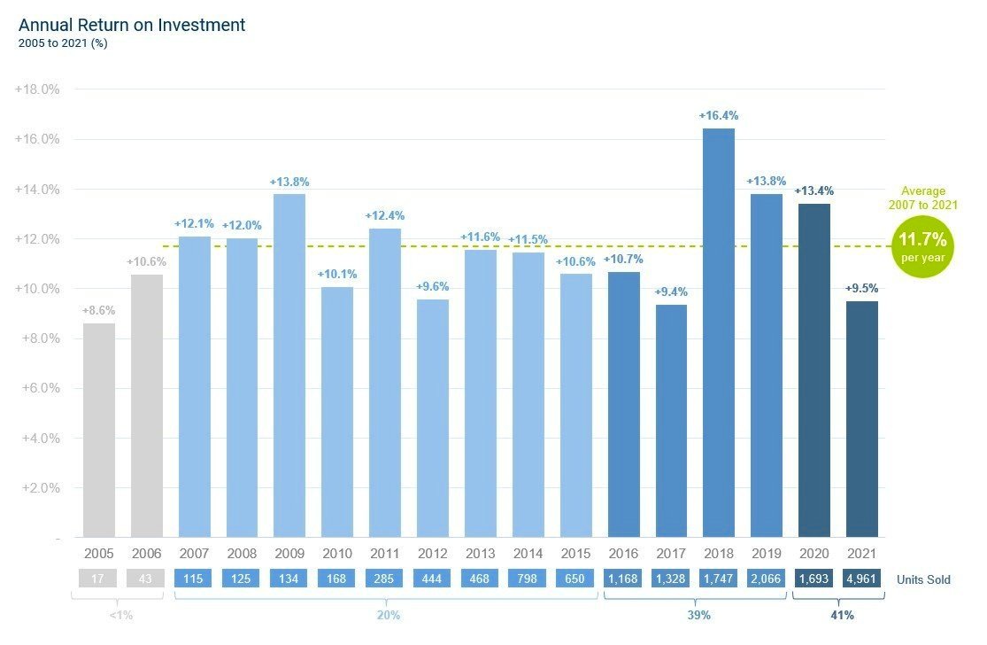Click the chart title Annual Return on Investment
point(132,25)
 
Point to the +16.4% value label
point(718,115)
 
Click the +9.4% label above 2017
point(670,291)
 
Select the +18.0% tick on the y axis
point(37,89)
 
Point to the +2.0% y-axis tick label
point(37,488)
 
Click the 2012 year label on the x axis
point(433,554)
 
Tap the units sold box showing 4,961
point(861,579)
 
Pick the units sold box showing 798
point(528,579)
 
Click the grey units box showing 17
point(99,579)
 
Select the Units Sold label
point(923,579)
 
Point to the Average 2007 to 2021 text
point(922,198)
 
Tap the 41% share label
point(841,615)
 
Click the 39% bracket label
point(699,615)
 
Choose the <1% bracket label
point(121,615)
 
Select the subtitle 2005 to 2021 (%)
point(63,43)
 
